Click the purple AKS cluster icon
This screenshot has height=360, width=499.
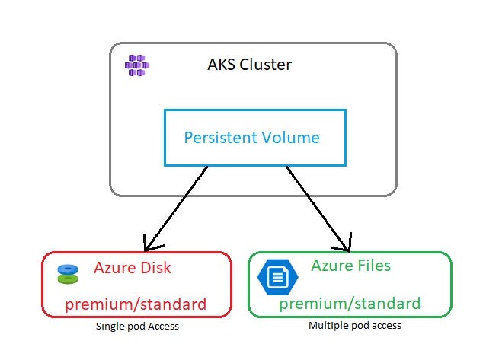[x=137, y=65]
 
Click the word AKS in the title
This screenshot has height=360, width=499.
[x=222, y=65]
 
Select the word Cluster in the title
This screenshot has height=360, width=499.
[x=265, y=65]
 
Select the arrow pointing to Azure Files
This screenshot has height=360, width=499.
[x=318, y=209]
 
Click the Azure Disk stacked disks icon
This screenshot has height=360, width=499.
[x=68, y=274]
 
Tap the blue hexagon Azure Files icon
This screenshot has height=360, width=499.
[x=278, y=277]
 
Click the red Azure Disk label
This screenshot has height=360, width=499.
[x=133, y=268]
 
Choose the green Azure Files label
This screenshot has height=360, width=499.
[x=350, y=266]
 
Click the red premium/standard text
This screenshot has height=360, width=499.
[x=136, y=304]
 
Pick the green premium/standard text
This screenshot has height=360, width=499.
[x=350, y=304]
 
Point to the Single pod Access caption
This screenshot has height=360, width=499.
[x=137, y=327]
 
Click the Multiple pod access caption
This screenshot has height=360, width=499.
[x=355, y=325]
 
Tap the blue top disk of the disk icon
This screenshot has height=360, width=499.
[x=68, y=269]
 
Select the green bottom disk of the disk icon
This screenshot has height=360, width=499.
[x=68, y=279]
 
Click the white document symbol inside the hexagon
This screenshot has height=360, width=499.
[x=278, y=277]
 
